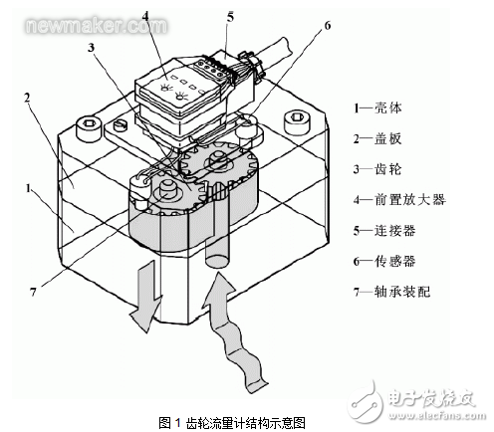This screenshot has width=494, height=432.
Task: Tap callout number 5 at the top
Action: pyautogui.click(x=230, y=16)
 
